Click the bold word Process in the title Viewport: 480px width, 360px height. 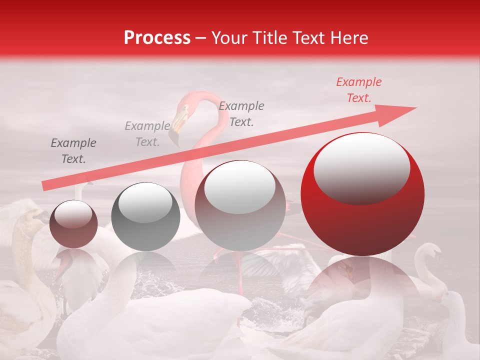157,38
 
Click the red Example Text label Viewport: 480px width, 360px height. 358,90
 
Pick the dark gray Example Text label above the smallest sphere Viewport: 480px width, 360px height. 73,151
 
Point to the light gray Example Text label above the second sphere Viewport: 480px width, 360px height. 147,134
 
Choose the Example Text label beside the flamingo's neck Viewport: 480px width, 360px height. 241,113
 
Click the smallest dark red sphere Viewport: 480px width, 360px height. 73,224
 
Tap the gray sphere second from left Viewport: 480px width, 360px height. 145,216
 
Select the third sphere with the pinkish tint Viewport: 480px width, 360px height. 240,205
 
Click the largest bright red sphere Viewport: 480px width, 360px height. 362,194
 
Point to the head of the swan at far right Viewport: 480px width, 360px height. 433,253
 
